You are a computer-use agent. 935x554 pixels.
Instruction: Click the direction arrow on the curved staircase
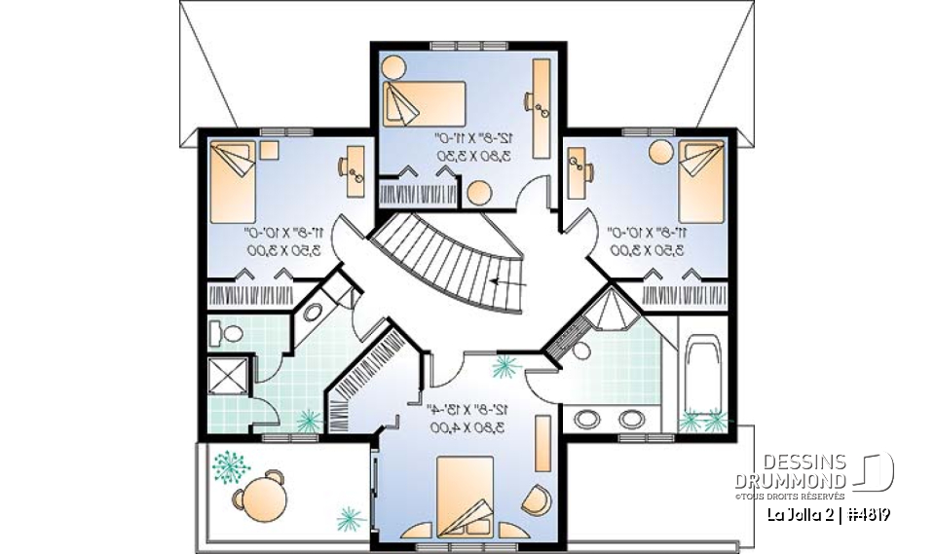[x=507, y=282]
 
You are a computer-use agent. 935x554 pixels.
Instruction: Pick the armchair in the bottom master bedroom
[x=536, y=499]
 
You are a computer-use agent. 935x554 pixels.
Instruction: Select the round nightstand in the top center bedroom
[x=393, y=67]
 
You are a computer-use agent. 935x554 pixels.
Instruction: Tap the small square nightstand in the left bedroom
[x=269, y=150]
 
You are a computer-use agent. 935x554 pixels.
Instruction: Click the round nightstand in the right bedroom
[x=660, y=151]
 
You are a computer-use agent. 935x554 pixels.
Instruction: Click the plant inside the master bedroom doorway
[x=505, y=367]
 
